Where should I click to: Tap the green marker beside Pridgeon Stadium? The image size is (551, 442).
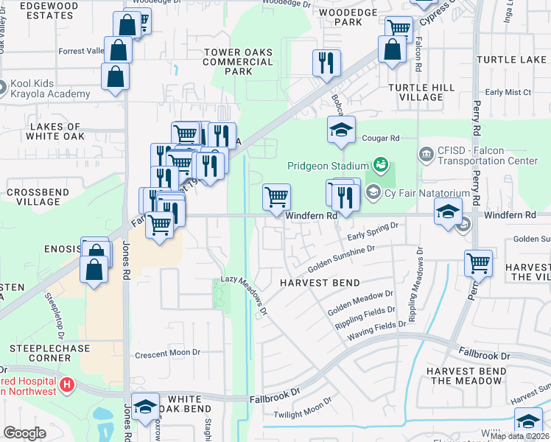(380, 163)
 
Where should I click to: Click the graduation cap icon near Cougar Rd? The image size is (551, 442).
(341, 130)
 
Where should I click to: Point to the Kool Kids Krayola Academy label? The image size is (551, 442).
(50, 89)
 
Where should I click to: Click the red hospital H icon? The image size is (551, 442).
(67, 384)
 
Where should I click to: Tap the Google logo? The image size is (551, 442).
(24, 434)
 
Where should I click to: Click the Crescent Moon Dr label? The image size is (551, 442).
(167, 354)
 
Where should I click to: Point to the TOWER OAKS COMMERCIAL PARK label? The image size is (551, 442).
(238, 62)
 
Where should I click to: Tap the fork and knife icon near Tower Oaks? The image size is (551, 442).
(326, 63)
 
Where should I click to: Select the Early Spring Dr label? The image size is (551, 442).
(372, 230)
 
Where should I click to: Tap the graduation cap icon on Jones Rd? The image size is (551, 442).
(146, 407)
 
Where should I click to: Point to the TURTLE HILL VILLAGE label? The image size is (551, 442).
(421, 92)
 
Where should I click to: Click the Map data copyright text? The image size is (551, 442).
(519, 436)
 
